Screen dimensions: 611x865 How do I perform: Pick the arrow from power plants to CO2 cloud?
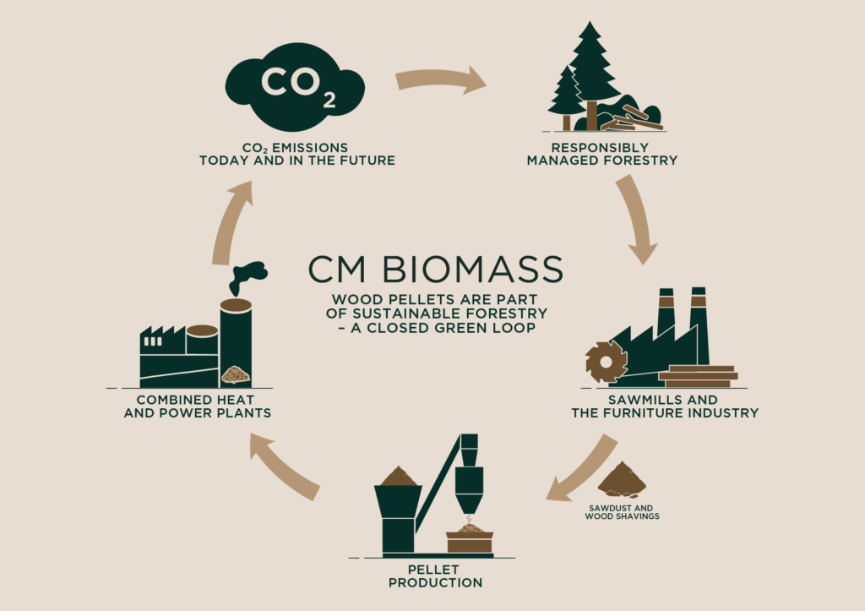227,225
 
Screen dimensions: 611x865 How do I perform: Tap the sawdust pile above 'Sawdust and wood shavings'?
622,481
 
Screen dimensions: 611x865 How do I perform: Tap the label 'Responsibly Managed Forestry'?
601,154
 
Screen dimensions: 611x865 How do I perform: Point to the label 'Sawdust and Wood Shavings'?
622,511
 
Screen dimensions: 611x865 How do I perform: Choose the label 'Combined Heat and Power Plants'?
198,406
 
